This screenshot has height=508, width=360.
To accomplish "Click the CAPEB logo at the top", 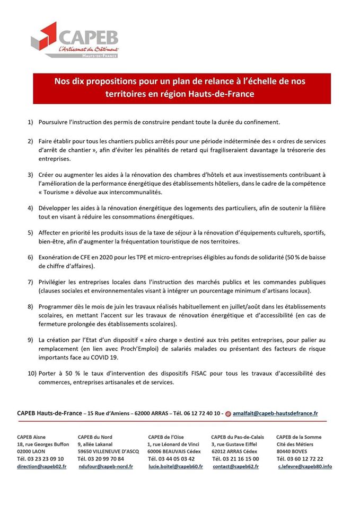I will [x=74, y=40].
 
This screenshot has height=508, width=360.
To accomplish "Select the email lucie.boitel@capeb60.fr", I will [x=175, y=466].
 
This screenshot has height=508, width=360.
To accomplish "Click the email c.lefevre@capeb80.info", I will [x=305, y=466].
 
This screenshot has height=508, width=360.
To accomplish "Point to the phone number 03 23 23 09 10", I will [x=40, y=459].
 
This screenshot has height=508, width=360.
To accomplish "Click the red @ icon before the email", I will [x=228, y=413].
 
